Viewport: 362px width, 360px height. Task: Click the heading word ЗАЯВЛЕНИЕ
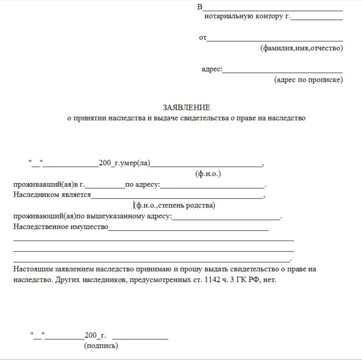[x=186, y=108]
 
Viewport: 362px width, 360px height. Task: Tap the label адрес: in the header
[x=212, y=69]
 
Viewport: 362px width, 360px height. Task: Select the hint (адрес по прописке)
[x=308, y=80]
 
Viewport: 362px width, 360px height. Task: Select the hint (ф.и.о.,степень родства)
[x=174, y=205]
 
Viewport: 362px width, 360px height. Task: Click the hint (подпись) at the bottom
[x=100, y=345]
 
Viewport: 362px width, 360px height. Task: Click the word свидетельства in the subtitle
[x=207, y=118]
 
